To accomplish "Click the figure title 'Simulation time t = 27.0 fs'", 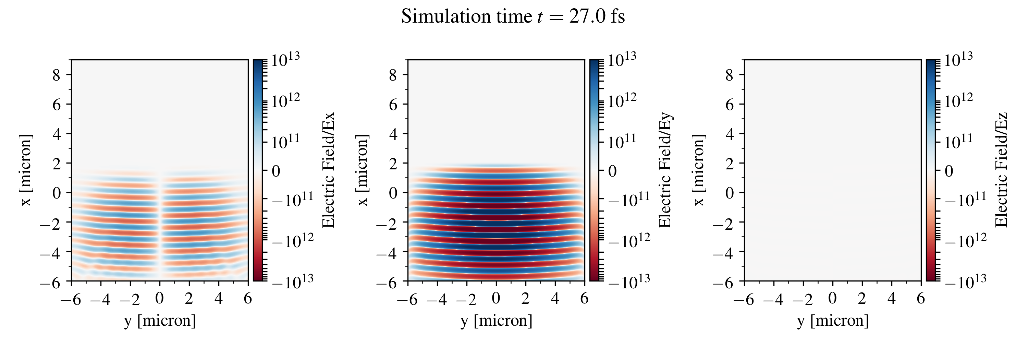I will pyautogui.click(x=513, y=17).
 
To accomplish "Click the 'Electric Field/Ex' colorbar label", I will pyautogui.click(x=328, y=170).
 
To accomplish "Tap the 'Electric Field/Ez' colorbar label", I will pyautogui.click(x=1001, y=170).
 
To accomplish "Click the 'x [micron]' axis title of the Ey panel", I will pyautogui.click(x=362, y=170).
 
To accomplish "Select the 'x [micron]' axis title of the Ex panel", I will pyautogui.click(x=26, y=170).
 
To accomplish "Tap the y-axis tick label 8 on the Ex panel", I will pyautogui.click(x=56, y=75).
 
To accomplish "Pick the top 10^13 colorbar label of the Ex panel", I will pyautogui.click(x=285, y=60).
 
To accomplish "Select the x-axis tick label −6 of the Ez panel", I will pyautogui.click(x=744, y=299).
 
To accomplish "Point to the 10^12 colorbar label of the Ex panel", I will pyautogui.click(x=285, y=100).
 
